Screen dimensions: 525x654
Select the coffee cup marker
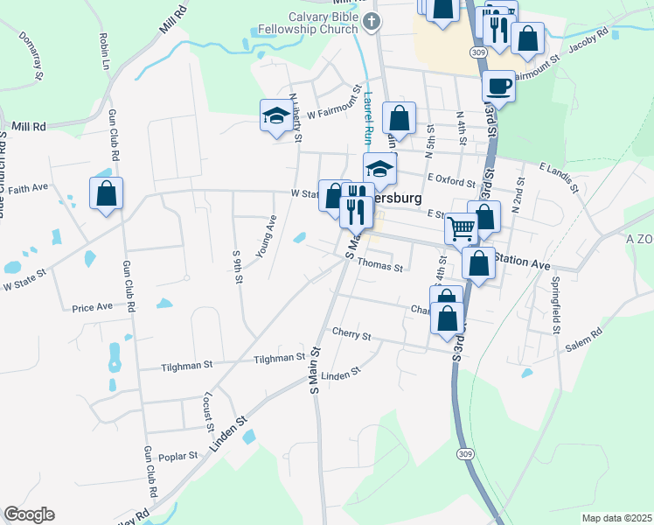pyautogui.click(x=498, y=87)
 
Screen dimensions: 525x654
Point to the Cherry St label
pyautogui.click(x=351, y=334)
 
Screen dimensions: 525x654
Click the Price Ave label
pyautogui.click(x=93, y=307)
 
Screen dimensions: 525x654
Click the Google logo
pyautogui.click(x=29, y=514)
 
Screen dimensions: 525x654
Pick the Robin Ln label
pyautogui.click(x=104, y=51)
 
